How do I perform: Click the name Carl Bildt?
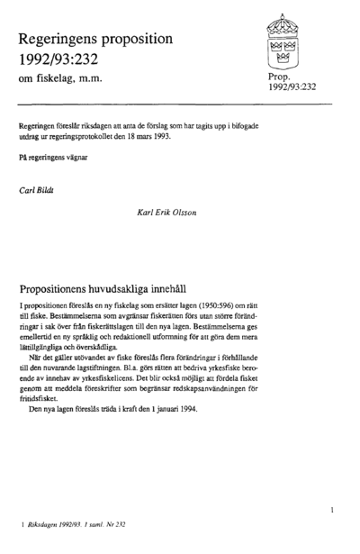click(x=37, y=192)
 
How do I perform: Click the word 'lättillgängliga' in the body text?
click(x=43, y=345)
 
